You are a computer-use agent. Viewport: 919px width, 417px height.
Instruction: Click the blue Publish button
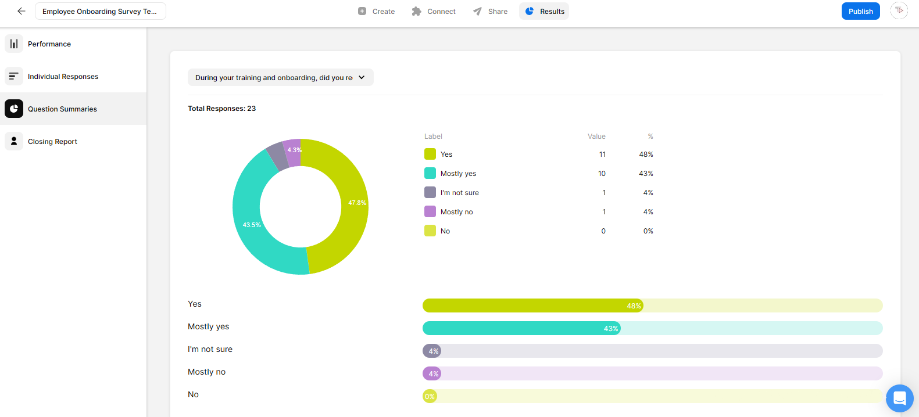coord(860,11)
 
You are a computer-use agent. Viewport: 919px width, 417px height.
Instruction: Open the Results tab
coord(544,11)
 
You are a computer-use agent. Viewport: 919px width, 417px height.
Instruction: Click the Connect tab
coord(434,11)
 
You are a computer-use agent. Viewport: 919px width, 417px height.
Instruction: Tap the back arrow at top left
coord(22,11)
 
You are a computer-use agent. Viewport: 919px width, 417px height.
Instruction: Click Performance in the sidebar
coord(49,44)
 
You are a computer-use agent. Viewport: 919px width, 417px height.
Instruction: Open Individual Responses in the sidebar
coord(63,77)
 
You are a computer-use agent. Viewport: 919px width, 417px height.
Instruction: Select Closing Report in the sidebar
coord(52,142)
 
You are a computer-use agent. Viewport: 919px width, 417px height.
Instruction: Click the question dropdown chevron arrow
coord(362,77)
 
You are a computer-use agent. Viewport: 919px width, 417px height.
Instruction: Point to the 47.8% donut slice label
coord(357,203)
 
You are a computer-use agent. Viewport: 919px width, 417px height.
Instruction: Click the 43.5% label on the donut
coord(252,225)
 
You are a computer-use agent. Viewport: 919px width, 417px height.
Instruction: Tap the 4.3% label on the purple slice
coord(294,150)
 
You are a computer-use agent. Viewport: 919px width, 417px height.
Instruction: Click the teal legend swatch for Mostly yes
coord(430,173)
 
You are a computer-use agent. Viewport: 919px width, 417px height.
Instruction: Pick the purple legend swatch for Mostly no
coord(430,211)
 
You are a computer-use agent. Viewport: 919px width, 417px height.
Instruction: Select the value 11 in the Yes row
coord(602,154)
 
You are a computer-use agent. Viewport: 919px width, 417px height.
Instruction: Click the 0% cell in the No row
coord(648,231)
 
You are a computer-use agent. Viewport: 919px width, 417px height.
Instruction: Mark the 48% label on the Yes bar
coord(634,306)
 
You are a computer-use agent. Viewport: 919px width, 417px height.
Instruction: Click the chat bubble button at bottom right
coord(899,398)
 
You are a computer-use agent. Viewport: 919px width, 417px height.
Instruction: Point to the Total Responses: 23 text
coord(221,109)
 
